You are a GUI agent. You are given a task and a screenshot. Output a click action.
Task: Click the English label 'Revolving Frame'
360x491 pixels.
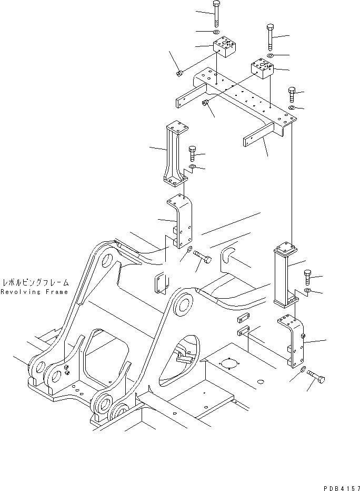[34, 292]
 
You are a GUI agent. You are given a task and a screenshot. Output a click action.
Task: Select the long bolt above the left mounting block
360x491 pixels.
[217, 14]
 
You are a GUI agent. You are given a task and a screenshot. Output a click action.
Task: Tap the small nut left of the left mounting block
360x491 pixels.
[179, 73]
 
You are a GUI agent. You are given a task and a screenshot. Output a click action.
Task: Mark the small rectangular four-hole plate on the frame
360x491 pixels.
[159, 282]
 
